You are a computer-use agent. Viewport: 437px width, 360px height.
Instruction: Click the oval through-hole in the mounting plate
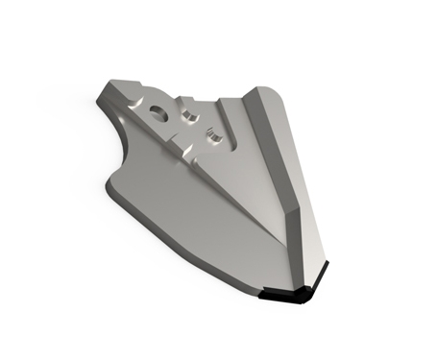(158, 112)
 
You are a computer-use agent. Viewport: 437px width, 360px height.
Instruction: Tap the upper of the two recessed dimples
(190, 115)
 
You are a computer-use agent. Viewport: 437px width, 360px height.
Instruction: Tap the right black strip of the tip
(320, 280)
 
